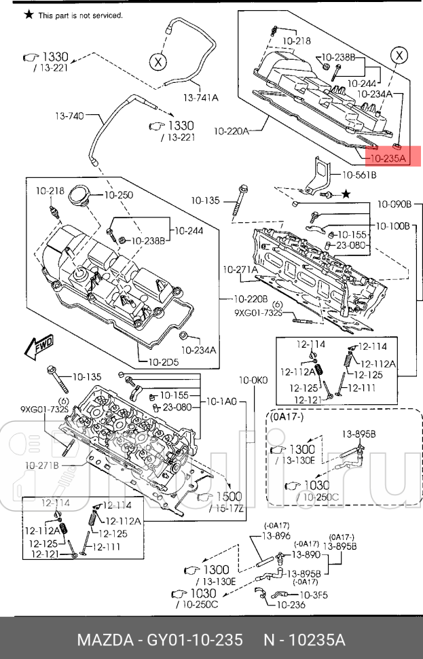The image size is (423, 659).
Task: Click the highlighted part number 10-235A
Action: click(387, 159)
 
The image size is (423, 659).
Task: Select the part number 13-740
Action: click(69, 116)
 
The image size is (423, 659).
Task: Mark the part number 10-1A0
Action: click(221, 402)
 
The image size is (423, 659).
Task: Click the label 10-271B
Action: click(42, 465)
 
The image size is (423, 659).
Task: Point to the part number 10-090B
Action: click(394, 203)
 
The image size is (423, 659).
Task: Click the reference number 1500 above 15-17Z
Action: click(229, 497)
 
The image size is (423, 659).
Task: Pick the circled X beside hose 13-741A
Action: click(158, 62)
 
